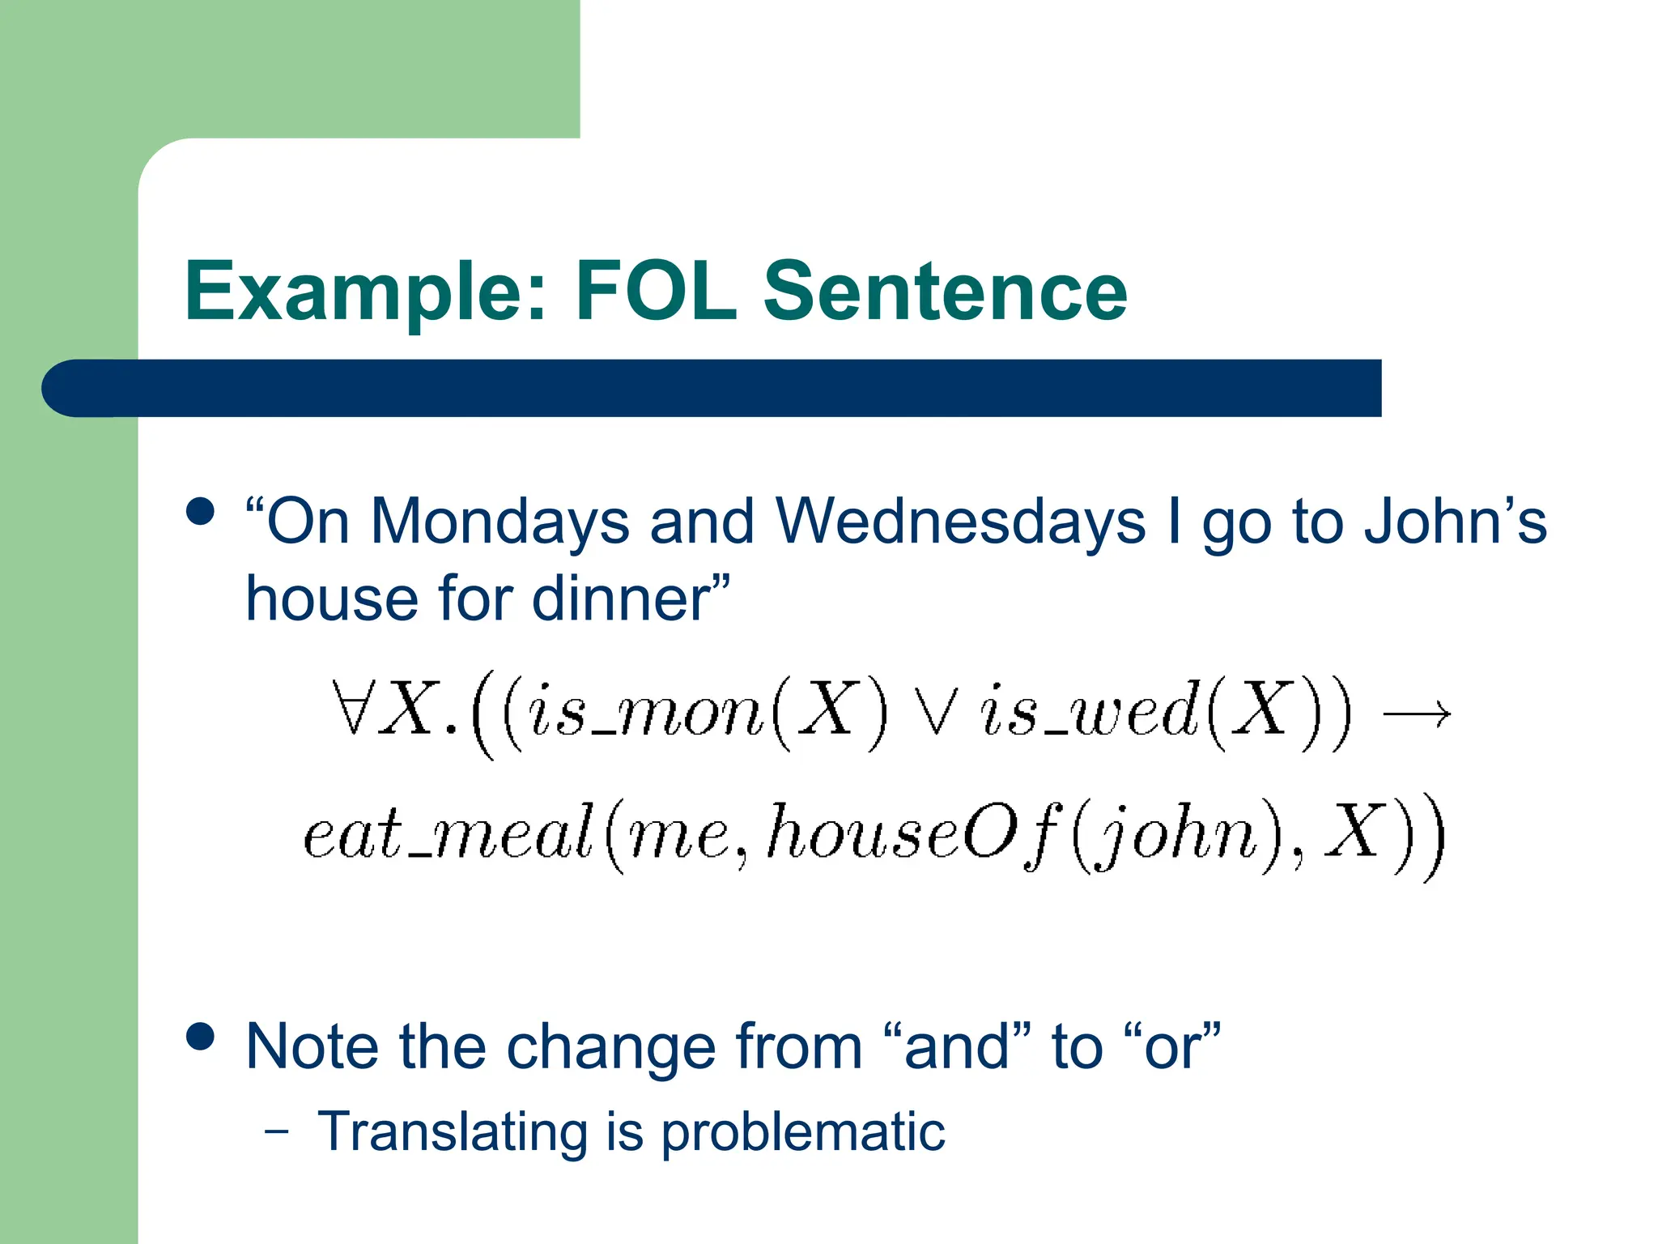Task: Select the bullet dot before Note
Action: [x=200, y=1036]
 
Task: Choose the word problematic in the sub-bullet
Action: [x=803, y=1131]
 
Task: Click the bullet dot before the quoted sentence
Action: [x=200, y=511]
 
